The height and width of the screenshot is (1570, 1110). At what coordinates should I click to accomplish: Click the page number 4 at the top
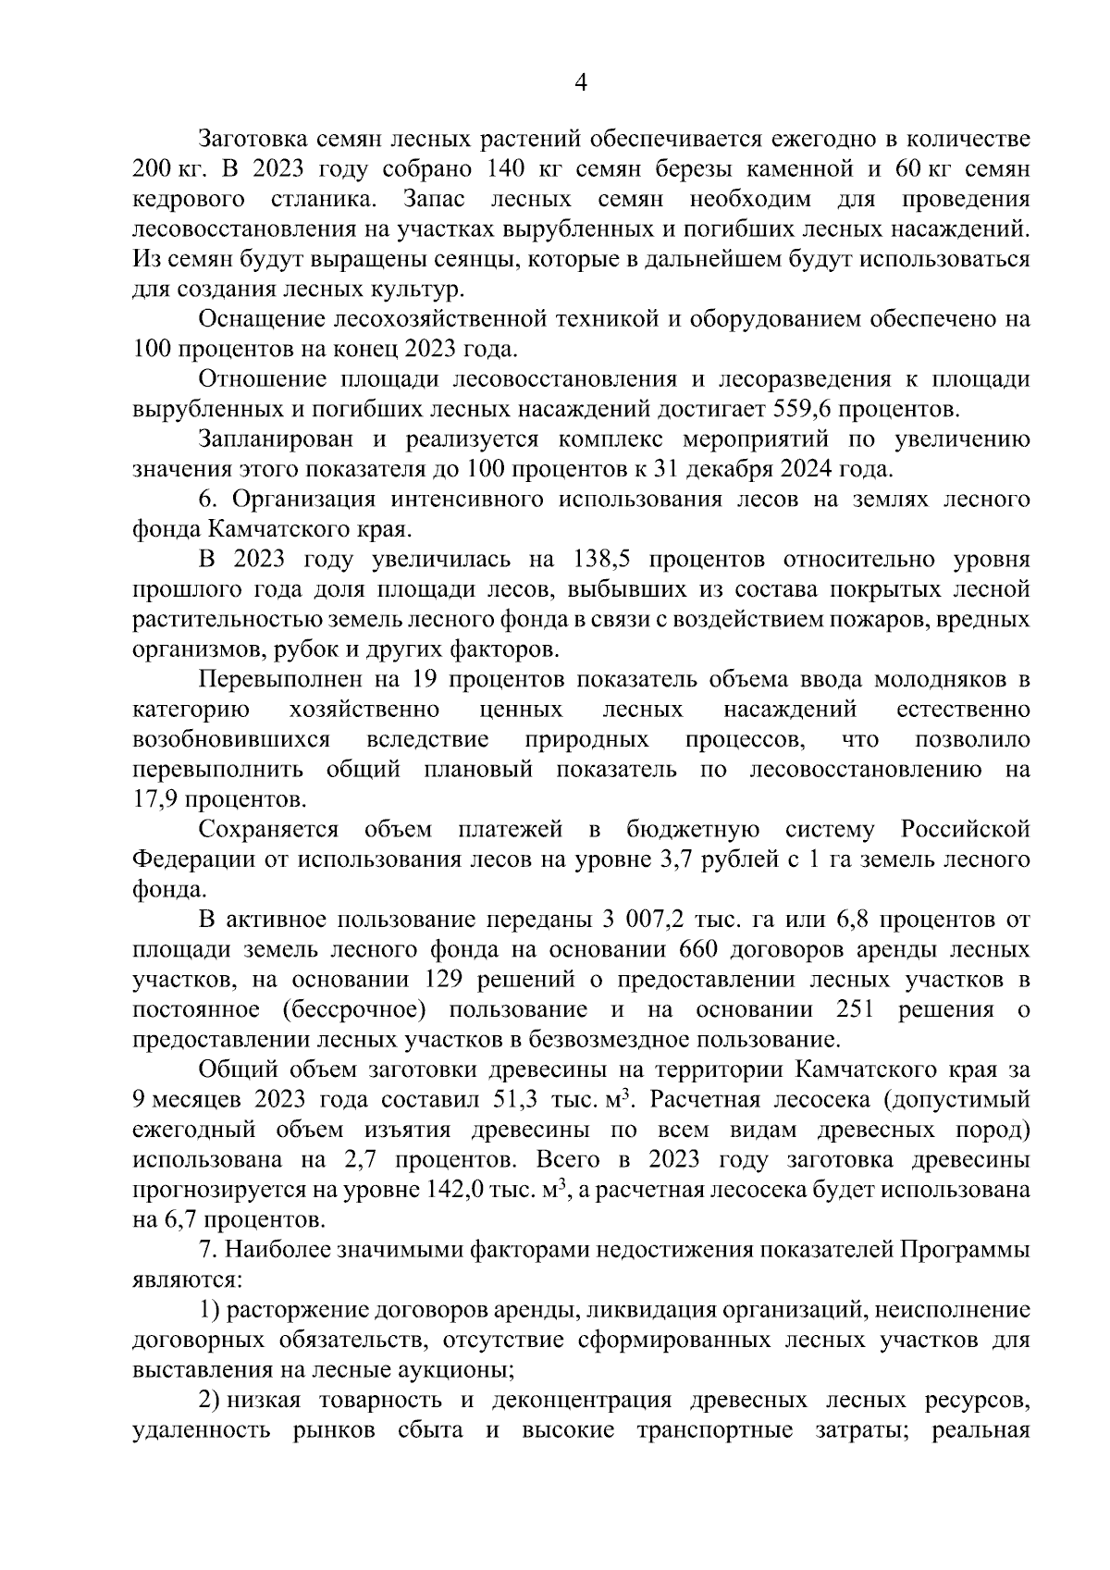(x=581, y=83)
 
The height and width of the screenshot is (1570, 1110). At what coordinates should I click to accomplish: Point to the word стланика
(x=324, y=199)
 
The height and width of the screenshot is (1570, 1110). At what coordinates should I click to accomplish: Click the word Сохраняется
(x=267, y=829)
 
